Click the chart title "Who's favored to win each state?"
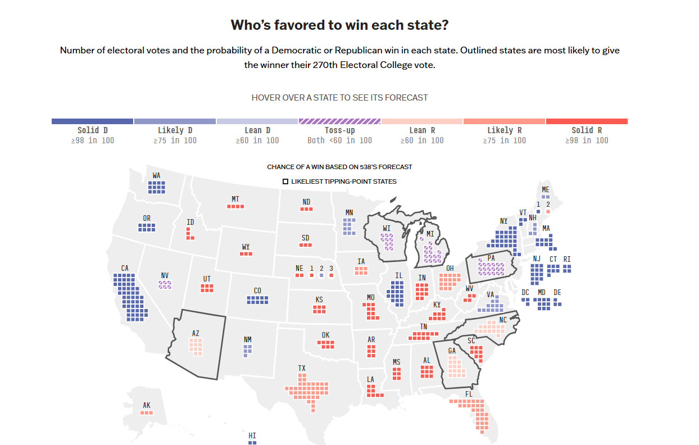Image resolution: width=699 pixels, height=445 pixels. pos(339,26)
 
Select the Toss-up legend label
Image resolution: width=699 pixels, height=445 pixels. pos(339,130)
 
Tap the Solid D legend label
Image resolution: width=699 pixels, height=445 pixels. pos(93,130)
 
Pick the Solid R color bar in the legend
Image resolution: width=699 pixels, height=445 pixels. pos(587,121)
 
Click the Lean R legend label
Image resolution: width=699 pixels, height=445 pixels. pos(421,130)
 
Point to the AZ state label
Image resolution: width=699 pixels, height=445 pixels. pos(196,333)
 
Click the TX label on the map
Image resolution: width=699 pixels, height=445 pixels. pos(302,369)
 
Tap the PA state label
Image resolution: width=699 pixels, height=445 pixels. pos(491,258)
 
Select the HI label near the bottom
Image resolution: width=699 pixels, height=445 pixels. pos(252,435)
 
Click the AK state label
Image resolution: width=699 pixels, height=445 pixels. pos(147,405)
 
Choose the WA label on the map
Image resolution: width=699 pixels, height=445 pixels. pos(156,176)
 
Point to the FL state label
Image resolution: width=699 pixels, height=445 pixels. pos(469,394)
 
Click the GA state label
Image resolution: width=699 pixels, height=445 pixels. pos(452,351)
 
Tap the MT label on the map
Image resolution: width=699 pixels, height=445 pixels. pos(235,199)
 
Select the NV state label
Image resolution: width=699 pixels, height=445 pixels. pos(165,275)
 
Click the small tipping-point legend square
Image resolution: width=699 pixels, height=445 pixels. pos(285,181)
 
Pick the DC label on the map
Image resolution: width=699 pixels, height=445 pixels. pos(525,292)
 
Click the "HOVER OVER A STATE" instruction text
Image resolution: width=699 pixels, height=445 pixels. pos(339,98)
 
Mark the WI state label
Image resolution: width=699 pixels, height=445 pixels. pos(387,228)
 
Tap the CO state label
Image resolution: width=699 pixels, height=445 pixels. pos(257,290)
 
